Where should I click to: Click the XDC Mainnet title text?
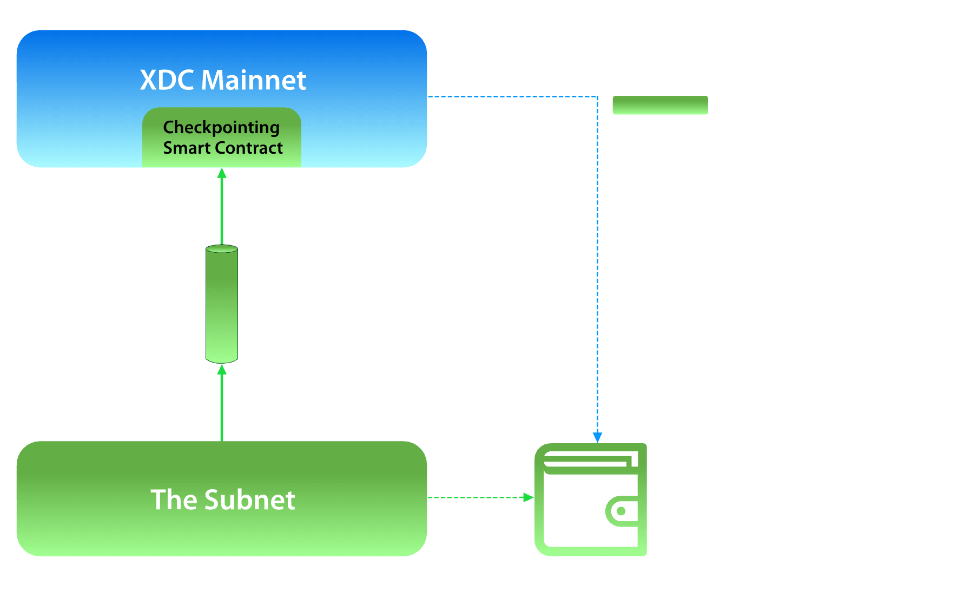pos(222,80)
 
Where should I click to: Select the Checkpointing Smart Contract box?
pos(222,137)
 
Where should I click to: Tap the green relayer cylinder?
pos(222,304)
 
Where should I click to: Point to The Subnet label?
pos(222,500)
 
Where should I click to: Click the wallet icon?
pos(590,500)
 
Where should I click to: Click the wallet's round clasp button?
pos(621,511)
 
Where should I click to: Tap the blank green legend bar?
pos(660,105)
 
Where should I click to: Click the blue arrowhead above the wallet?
pos(597,437)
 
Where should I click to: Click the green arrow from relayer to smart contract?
pos(222,206)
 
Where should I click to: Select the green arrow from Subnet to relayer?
pos(222,403)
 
